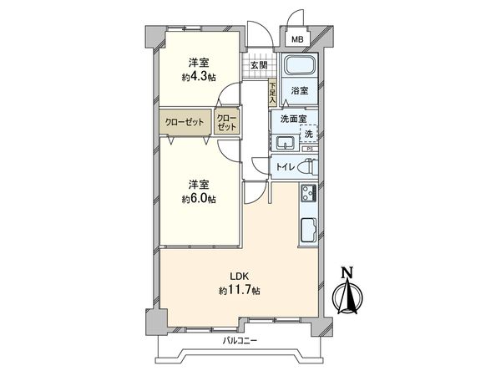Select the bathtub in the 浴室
[297, 67]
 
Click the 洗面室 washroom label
[292, 119]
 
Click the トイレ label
[284, 167]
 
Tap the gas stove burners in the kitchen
[306, 195]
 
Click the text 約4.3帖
[199, 77]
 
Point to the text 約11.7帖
[240, 291]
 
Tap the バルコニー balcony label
[240, 340]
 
